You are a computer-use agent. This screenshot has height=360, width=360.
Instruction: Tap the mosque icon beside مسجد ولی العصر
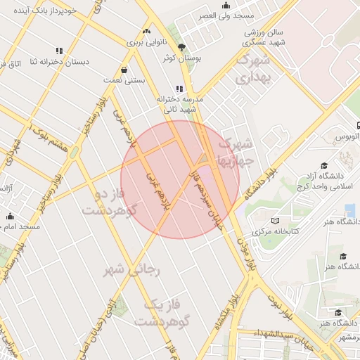coord(226,5)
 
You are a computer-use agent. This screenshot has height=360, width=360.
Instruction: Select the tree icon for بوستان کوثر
coord(183,47)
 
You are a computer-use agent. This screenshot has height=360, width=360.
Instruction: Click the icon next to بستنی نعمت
coord(124,70)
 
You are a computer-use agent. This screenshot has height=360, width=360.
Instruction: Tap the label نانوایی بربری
coord(146,42)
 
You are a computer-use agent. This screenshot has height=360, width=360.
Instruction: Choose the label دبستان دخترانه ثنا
coord(60,62)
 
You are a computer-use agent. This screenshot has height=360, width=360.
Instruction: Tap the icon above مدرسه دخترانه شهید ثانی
coord(179,89)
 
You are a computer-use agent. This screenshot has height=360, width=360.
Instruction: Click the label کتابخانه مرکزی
coord(276,231)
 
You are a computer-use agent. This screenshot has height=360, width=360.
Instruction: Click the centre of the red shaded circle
coord(180,179)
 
